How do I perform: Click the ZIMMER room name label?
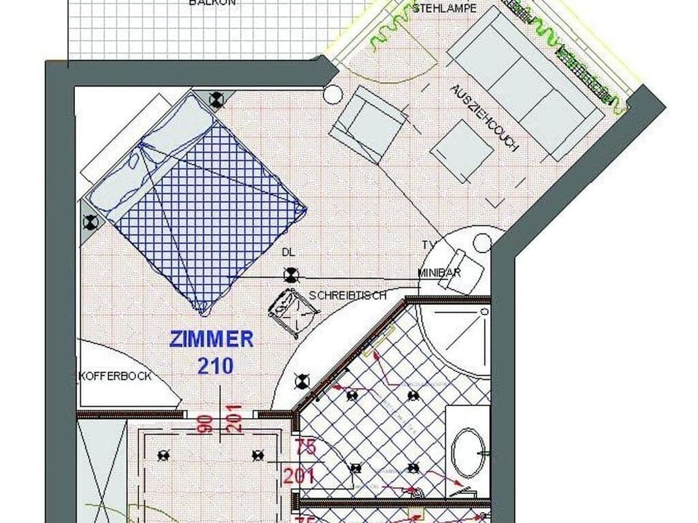pos(212,339)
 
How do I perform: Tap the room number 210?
pos(215,365)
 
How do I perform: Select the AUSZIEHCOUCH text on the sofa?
pos(484,118)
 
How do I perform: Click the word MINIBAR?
pos(440,272)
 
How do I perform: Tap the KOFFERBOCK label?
pos(115,376)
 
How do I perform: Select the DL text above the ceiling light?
pos(289,252)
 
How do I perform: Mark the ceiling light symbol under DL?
pos(291,275)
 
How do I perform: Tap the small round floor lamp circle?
pos(332,94)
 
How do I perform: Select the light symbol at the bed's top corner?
pos(215,100)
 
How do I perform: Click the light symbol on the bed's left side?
pos(91,222)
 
